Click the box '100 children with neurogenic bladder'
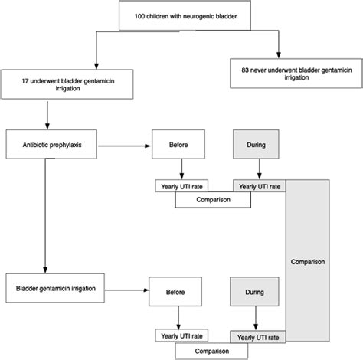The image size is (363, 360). (x=185, y=16)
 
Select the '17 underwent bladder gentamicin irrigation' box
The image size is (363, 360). (x=67, y=84)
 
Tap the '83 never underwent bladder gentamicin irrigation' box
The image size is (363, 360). (x=296, y=74)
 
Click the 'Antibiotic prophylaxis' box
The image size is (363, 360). (x=51, y=144)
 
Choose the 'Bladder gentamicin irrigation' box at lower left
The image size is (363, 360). (x=55, y=288)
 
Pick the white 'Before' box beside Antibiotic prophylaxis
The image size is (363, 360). (x=178, y=144)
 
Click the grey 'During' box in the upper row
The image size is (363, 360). (x=256, y=144)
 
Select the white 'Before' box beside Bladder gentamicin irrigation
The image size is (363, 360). (x=175, y=292)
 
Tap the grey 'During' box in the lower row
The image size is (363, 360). (x=254, y=292)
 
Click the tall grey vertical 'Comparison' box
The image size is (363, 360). (x=308, y=260)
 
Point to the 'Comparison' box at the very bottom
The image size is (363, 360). (x=211, y=351)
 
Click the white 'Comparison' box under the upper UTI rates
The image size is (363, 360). (x=213, y=200)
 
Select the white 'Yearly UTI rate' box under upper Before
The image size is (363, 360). (x=181, y=186)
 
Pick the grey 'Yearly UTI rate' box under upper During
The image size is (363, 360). (x=260, y=186)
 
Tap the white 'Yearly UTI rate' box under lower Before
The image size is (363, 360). (x=181, y=335)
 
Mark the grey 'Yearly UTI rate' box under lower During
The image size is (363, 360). (x=258, y=337)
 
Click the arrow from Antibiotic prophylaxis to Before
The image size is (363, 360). (x=124, y=146)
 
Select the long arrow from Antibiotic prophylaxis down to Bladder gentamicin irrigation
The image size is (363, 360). (x=45, y=216)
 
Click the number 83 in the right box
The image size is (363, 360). (x=245, y=70)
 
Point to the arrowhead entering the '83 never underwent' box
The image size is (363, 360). (x=279, y=55)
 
